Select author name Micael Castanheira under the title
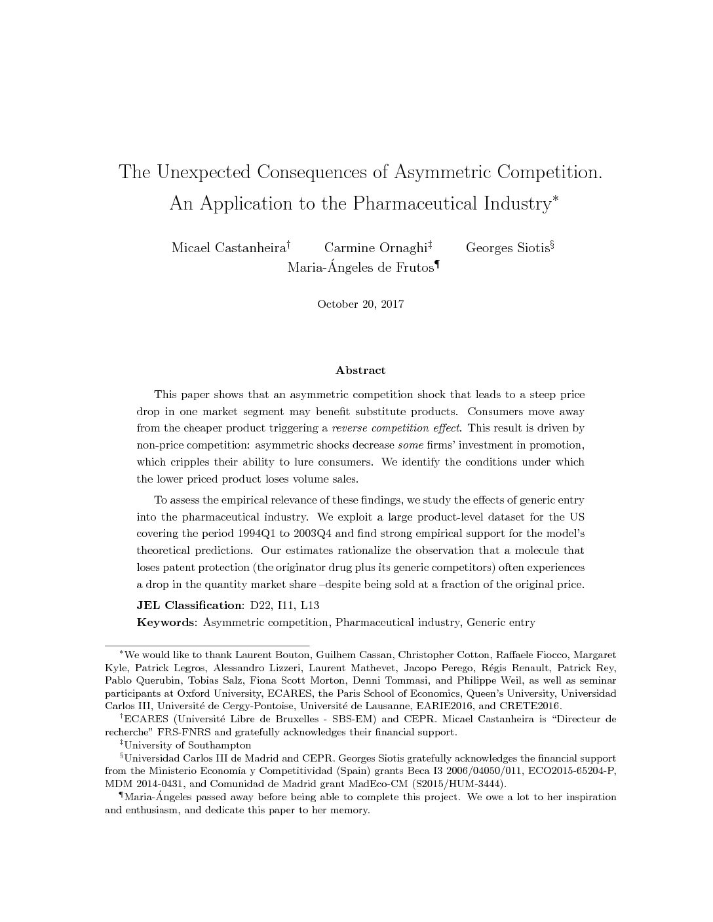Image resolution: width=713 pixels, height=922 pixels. click(229, 248)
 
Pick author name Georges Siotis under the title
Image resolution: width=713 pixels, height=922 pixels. click(507, 248)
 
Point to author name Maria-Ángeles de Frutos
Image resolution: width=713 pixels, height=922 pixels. click(360, 268)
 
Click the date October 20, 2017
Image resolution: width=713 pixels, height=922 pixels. click(360, 304)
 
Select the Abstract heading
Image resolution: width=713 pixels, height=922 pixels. click(360, 371)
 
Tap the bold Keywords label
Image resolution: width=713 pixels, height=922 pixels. click(166, 622)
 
